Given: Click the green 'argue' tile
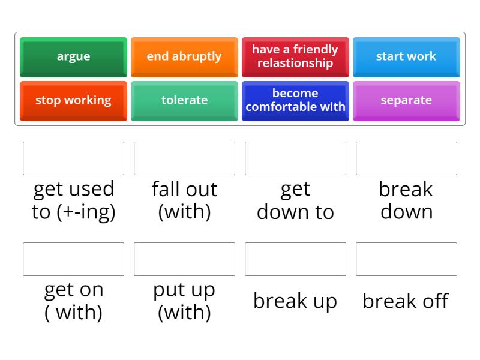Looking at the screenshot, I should tap(73, 56).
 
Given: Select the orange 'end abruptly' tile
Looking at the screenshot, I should tap(184, 56).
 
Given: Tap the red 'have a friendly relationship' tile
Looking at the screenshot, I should tap(295, 56).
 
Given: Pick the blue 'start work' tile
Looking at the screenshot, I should tap(406, 56).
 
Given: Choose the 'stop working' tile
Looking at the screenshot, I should tap(73, 100).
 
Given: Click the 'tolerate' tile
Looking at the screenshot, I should tap(184, 100).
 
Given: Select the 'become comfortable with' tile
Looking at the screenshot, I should tap(295, 100).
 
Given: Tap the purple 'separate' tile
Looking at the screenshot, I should tap(406, 100).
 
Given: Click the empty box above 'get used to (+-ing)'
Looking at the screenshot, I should tap(73, 158).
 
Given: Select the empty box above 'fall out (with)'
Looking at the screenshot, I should tap(184, 158).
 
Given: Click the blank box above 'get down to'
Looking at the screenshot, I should tap(295, 158).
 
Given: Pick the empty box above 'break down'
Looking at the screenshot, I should tap(406, 158).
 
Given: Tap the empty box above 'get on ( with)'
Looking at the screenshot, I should tap(73, 259).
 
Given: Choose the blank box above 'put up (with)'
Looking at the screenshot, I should tap(184, 259).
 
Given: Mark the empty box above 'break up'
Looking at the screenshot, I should tap(295, 259).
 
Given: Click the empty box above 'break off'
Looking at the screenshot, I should tap(406, 259).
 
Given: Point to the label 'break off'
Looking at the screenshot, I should tap(406, 301).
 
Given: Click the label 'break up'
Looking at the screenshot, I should tap(295, 301).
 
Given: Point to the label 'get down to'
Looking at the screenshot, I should tap(295, 200).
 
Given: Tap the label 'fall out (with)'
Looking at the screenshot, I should tap(184, 200).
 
